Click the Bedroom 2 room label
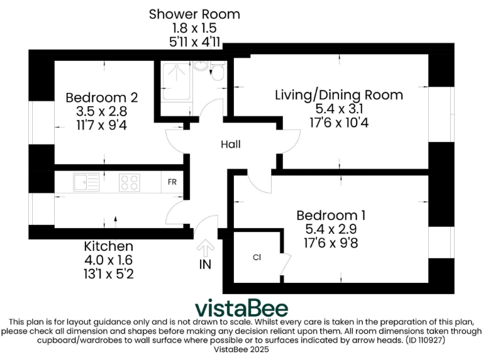[x=101, y=98]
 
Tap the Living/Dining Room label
[x=339, y=96]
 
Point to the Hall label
[x=230, y=145]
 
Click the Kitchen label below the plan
[x=109, y=246]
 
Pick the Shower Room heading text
[x=194, y=14]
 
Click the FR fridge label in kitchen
[x=172, y=182]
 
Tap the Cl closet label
[x=257, y=257]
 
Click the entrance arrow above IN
[x=205, y=246]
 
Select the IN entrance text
[x=205, y=265]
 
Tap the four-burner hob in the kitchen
[x=130, y=182]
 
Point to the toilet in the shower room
[x=217, y=72]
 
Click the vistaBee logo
[x=241, y=308]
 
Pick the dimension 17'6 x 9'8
[x=331, y=243]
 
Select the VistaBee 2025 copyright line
[x=241, y=349]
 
